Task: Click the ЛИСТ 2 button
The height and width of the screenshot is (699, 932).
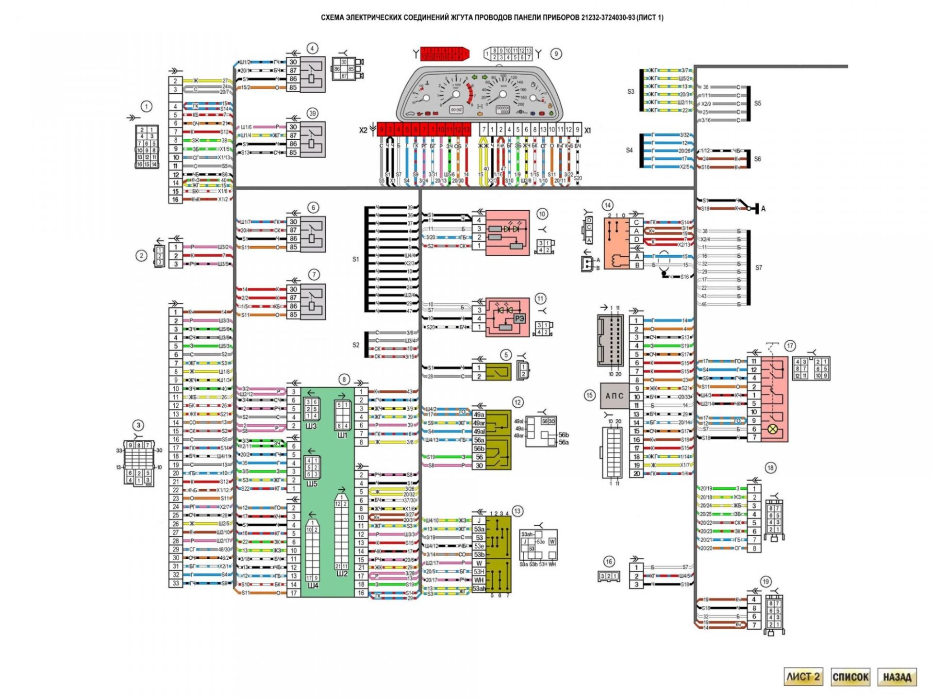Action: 803,677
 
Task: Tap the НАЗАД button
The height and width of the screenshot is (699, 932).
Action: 897,677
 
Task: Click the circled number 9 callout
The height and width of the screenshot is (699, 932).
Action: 556,54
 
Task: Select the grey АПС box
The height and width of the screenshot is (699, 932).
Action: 614,396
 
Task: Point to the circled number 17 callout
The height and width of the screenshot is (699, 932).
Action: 790,346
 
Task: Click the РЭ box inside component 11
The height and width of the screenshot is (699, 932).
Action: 519,318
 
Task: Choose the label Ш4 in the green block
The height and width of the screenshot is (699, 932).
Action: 313,585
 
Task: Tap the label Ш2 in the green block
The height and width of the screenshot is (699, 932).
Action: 342,573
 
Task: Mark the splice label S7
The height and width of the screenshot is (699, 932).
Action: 759,267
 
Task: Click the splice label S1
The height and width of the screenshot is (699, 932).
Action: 356,259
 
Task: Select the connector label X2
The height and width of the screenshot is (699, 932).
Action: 363,130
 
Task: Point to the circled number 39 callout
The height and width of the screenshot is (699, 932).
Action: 312,114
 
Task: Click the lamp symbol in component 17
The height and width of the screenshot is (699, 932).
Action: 772,429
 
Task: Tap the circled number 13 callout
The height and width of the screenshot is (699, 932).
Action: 517,511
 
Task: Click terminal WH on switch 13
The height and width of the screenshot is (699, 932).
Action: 479,580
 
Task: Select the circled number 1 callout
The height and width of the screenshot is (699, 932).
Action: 146,106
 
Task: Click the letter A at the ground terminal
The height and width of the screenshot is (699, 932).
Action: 763,209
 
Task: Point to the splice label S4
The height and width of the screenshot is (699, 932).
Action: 629,150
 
